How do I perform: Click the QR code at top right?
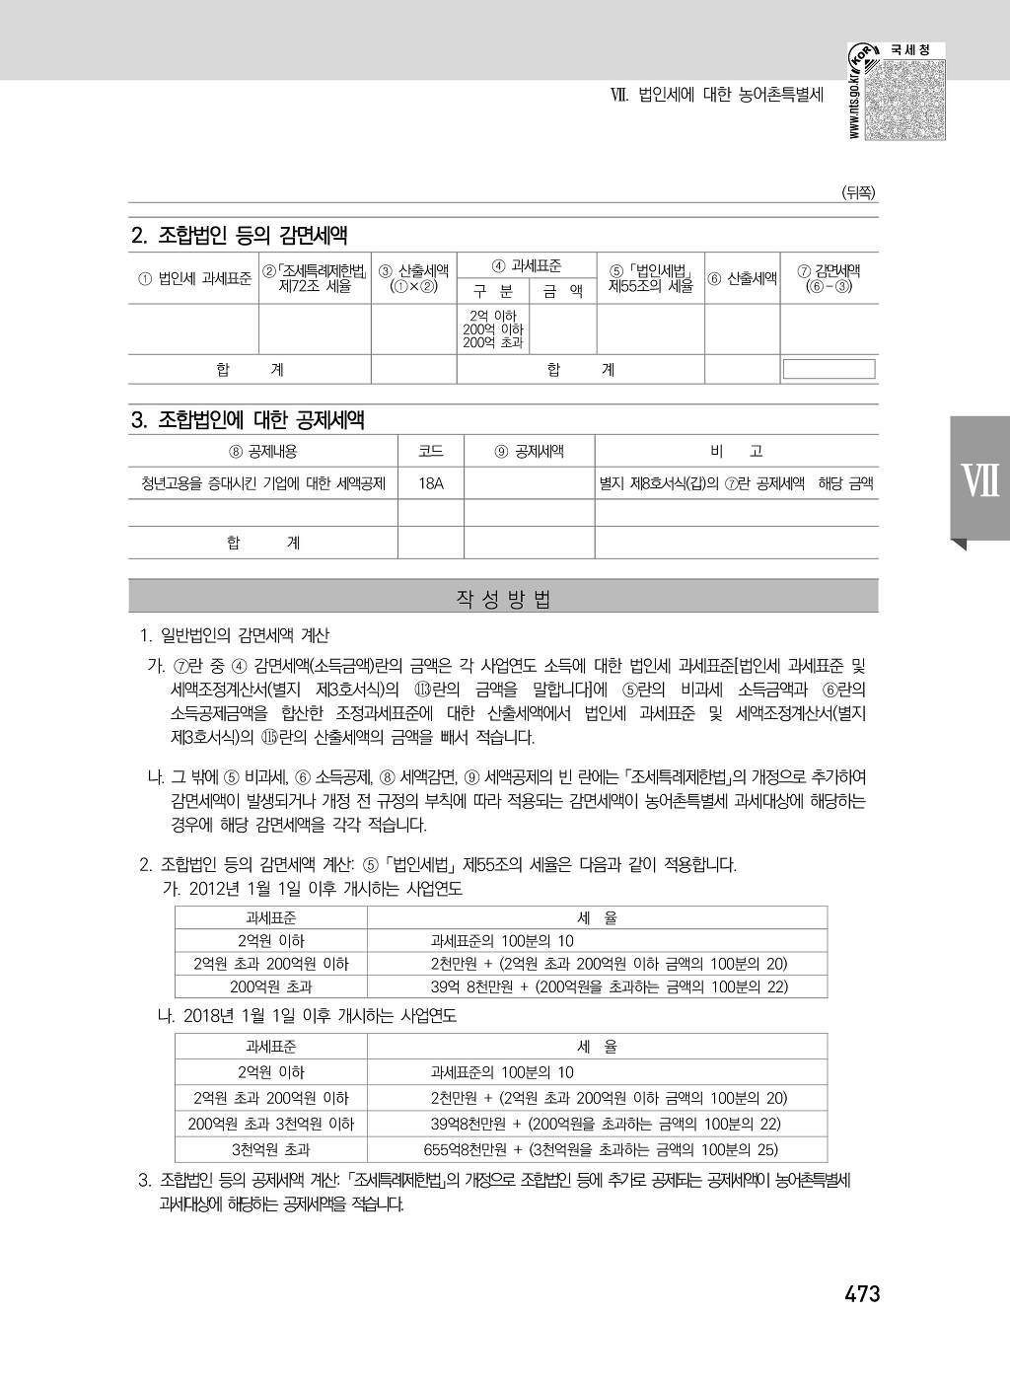[x=903, y=98]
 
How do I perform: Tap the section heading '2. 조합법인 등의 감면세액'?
[x=239, y=236]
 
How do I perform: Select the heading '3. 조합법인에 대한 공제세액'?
[x=248, y=419]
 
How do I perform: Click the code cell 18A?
[x=430, y=484]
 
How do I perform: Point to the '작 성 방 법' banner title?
[x=503, y=599]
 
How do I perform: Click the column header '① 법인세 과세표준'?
[x=194, y=278]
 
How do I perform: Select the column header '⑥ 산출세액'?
[x=742, y=278]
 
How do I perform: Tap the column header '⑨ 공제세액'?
[x=529, y=452]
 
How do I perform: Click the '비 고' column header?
[x=736, y=452]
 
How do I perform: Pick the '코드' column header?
[x=430, y=452]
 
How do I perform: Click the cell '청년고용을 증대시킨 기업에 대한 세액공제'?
[x=263, y=484]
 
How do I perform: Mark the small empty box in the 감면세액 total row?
[x=829, y=369]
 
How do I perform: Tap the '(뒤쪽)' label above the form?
[x=857, y=193]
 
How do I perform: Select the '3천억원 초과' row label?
[x=270, y=1149]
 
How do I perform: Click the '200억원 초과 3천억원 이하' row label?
[x=270, y=1124]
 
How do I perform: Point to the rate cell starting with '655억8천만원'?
[x=600, y=1149]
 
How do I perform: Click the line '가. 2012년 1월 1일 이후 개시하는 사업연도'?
[x=312, y=889]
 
